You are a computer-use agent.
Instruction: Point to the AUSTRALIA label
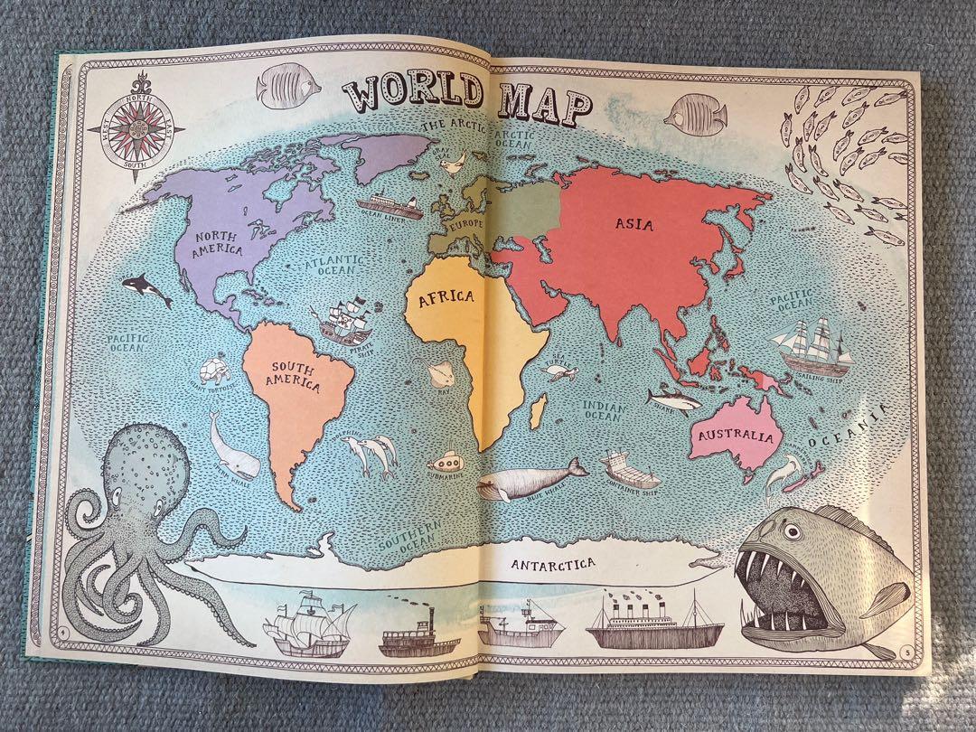pos(736,437)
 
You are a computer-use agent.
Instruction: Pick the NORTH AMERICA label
pos(219,242)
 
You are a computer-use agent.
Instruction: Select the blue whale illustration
pos(530,480)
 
